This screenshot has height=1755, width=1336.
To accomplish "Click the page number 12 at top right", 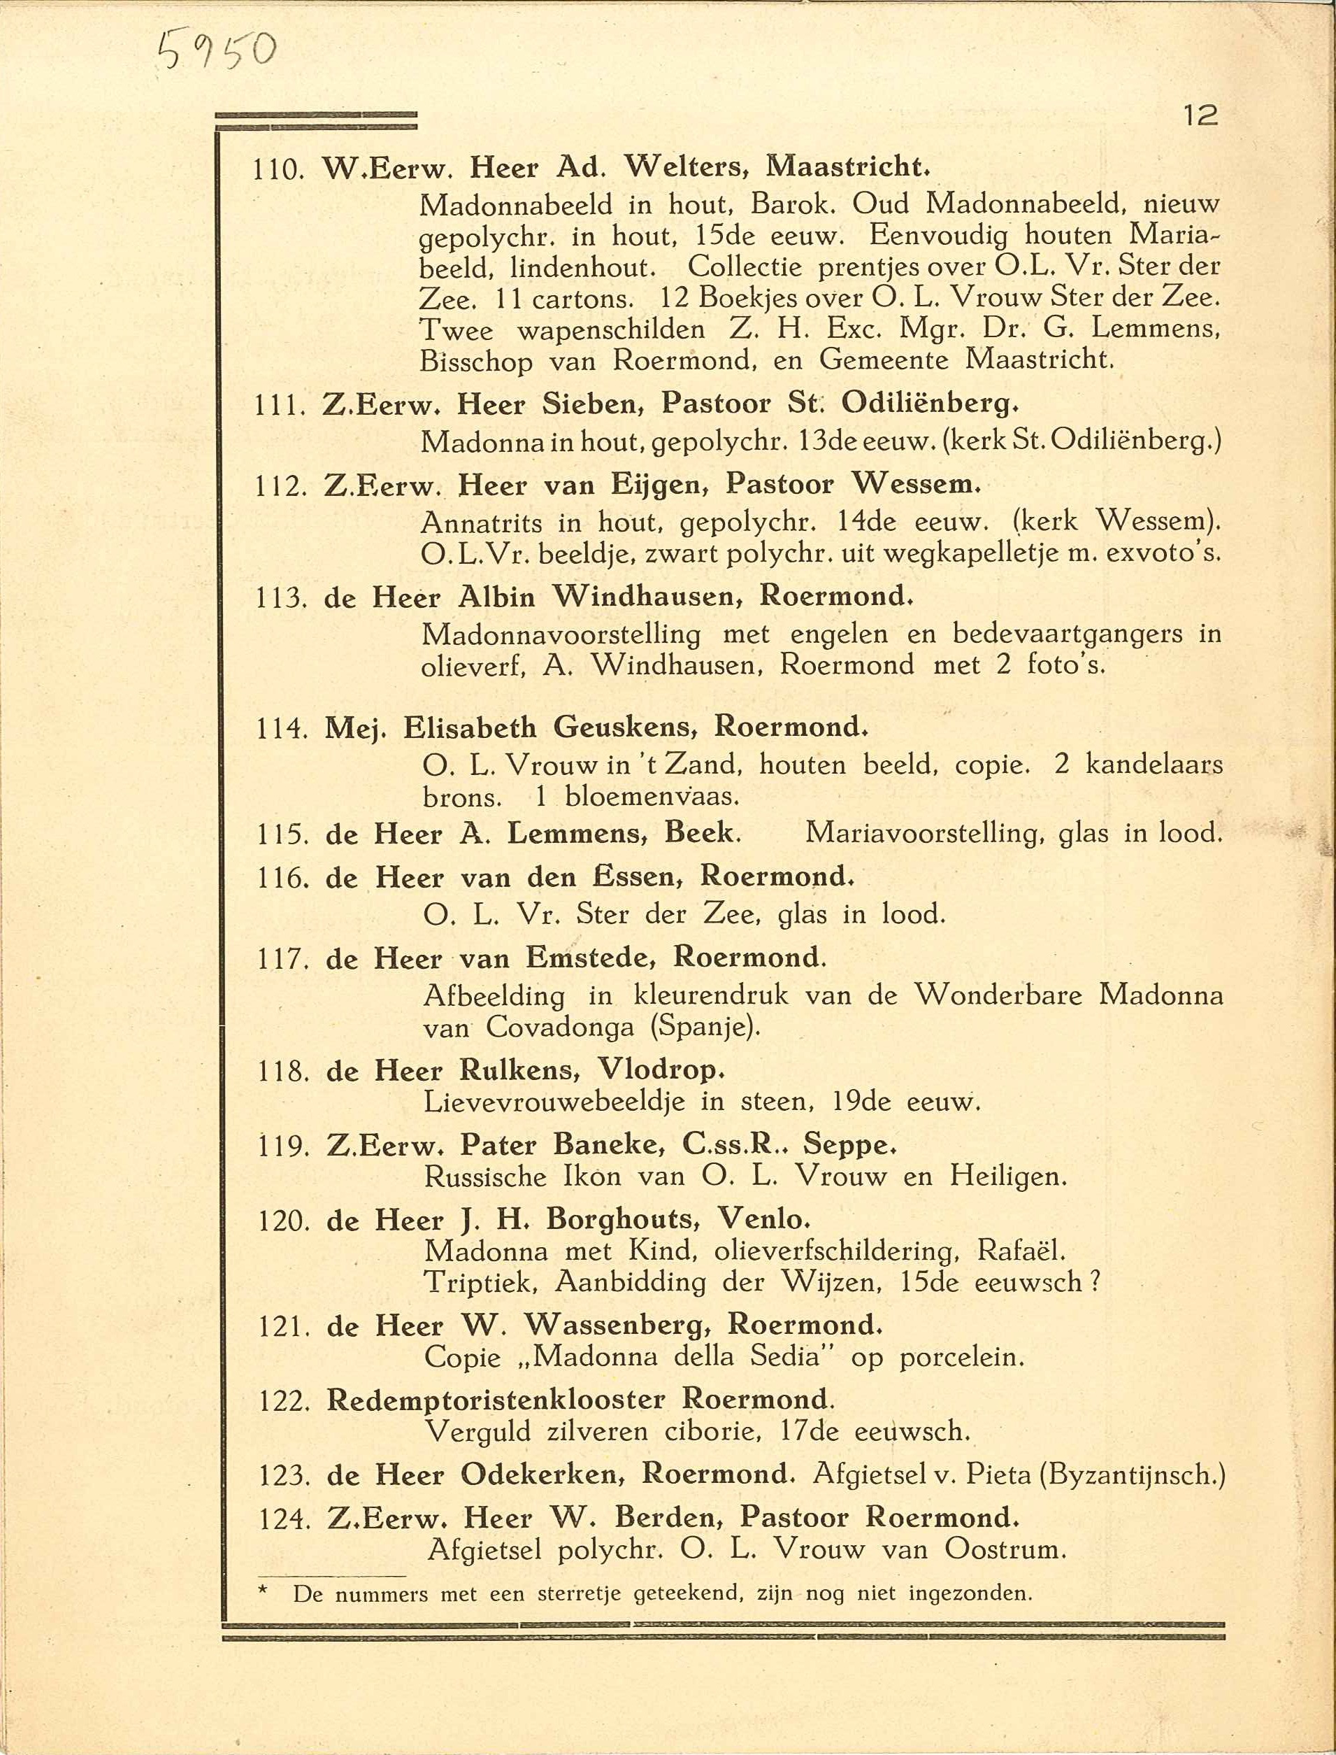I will [1200, 116].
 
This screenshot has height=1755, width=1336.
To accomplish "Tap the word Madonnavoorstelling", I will [561, 635].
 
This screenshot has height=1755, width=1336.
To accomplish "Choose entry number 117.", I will [282, 960].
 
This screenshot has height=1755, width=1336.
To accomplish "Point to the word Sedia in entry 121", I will [786, 1356].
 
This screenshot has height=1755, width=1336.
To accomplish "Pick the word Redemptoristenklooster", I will [496, 1400].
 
